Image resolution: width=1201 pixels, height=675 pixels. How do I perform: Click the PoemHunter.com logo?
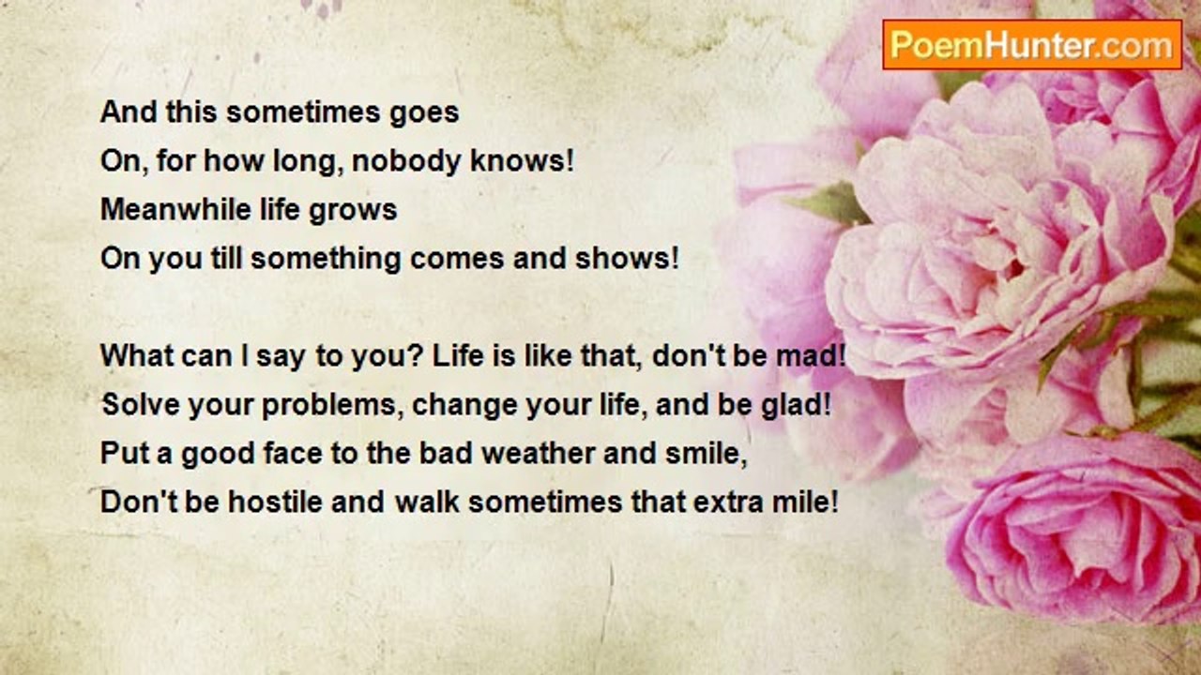tap(1032, 45)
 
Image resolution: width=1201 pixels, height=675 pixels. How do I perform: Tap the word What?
tap(136, 355)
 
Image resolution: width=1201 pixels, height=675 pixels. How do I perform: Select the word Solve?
tap(141, 404)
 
